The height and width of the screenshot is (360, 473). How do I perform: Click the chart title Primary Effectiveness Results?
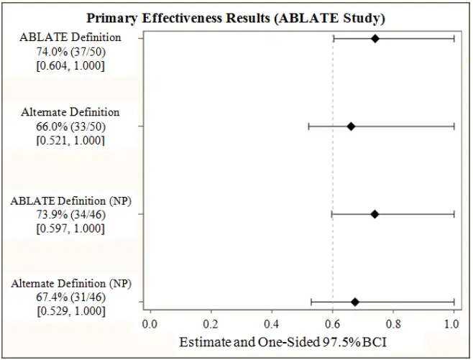(236, 17)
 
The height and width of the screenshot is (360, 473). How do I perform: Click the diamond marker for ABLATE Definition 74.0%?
(375, 38)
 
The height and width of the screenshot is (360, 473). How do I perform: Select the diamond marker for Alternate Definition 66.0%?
(351, 126)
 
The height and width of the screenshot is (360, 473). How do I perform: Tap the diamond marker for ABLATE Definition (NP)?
(375, 213)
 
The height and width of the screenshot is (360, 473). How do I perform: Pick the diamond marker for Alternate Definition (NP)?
(354, 302)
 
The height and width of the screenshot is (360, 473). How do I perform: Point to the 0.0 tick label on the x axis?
(150, 324)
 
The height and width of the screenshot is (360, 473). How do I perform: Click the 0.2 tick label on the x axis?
(211, 324)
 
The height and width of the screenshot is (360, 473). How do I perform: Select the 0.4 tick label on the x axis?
(271, 324)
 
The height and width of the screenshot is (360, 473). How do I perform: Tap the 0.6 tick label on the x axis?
(332, 324)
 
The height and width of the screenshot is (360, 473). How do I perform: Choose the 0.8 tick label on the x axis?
(392, 324)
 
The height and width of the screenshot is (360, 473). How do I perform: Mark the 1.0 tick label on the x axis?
(452, 324)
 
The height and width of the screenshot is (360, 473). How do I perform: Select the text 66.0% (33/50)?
(70, 126)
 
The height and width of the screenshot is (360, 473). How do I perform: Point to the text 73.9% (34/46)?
(70, 214)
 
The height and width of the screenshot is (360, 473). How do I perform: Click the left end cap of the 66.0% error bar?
(308, 126)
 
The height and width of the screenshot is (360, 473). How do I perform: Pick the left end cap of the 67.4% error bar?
(311, 302)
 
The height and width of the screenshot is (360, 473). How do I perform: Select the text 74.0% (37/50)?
(70, 52)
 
